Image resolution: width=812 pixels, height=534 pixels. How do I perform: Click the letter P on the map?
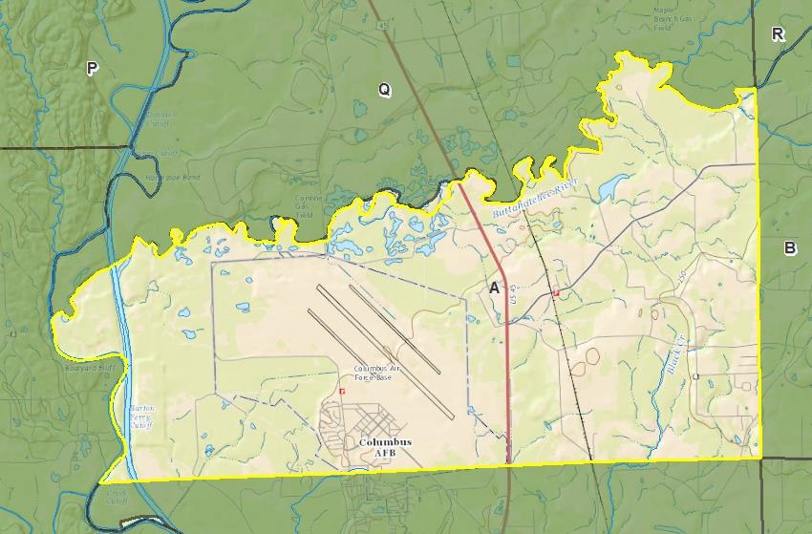pos(92,68)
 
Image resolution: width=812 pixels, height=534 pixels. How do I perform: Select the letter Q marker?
pos(384,90)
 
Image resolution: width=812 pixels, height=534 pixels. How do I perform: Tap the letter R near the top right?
pos(778,34)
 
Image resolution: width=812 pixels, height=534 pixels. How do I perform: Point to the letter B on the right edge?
pos(790,248)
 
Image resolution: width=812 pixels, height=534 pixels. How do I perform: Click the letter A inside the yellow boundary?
pos(494,288)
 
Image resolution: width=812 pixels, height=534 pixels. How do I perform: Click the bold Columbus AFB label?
pos(385,448)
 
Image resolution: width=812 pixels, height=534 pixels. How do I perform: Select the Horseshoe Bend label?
pos(178,178)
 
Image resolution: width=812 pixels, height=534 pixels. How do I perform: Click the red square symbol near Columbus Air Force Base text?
pos(341,391)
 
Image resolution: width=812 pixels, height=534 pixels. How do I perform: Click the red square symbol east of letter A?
pos(556,292)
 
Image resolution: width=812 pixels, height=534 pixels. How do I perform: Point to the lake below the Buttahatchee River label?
pos(612,187)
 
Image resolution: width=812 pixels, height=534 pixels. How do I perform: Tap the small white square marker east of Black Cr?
pos(696,376)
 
